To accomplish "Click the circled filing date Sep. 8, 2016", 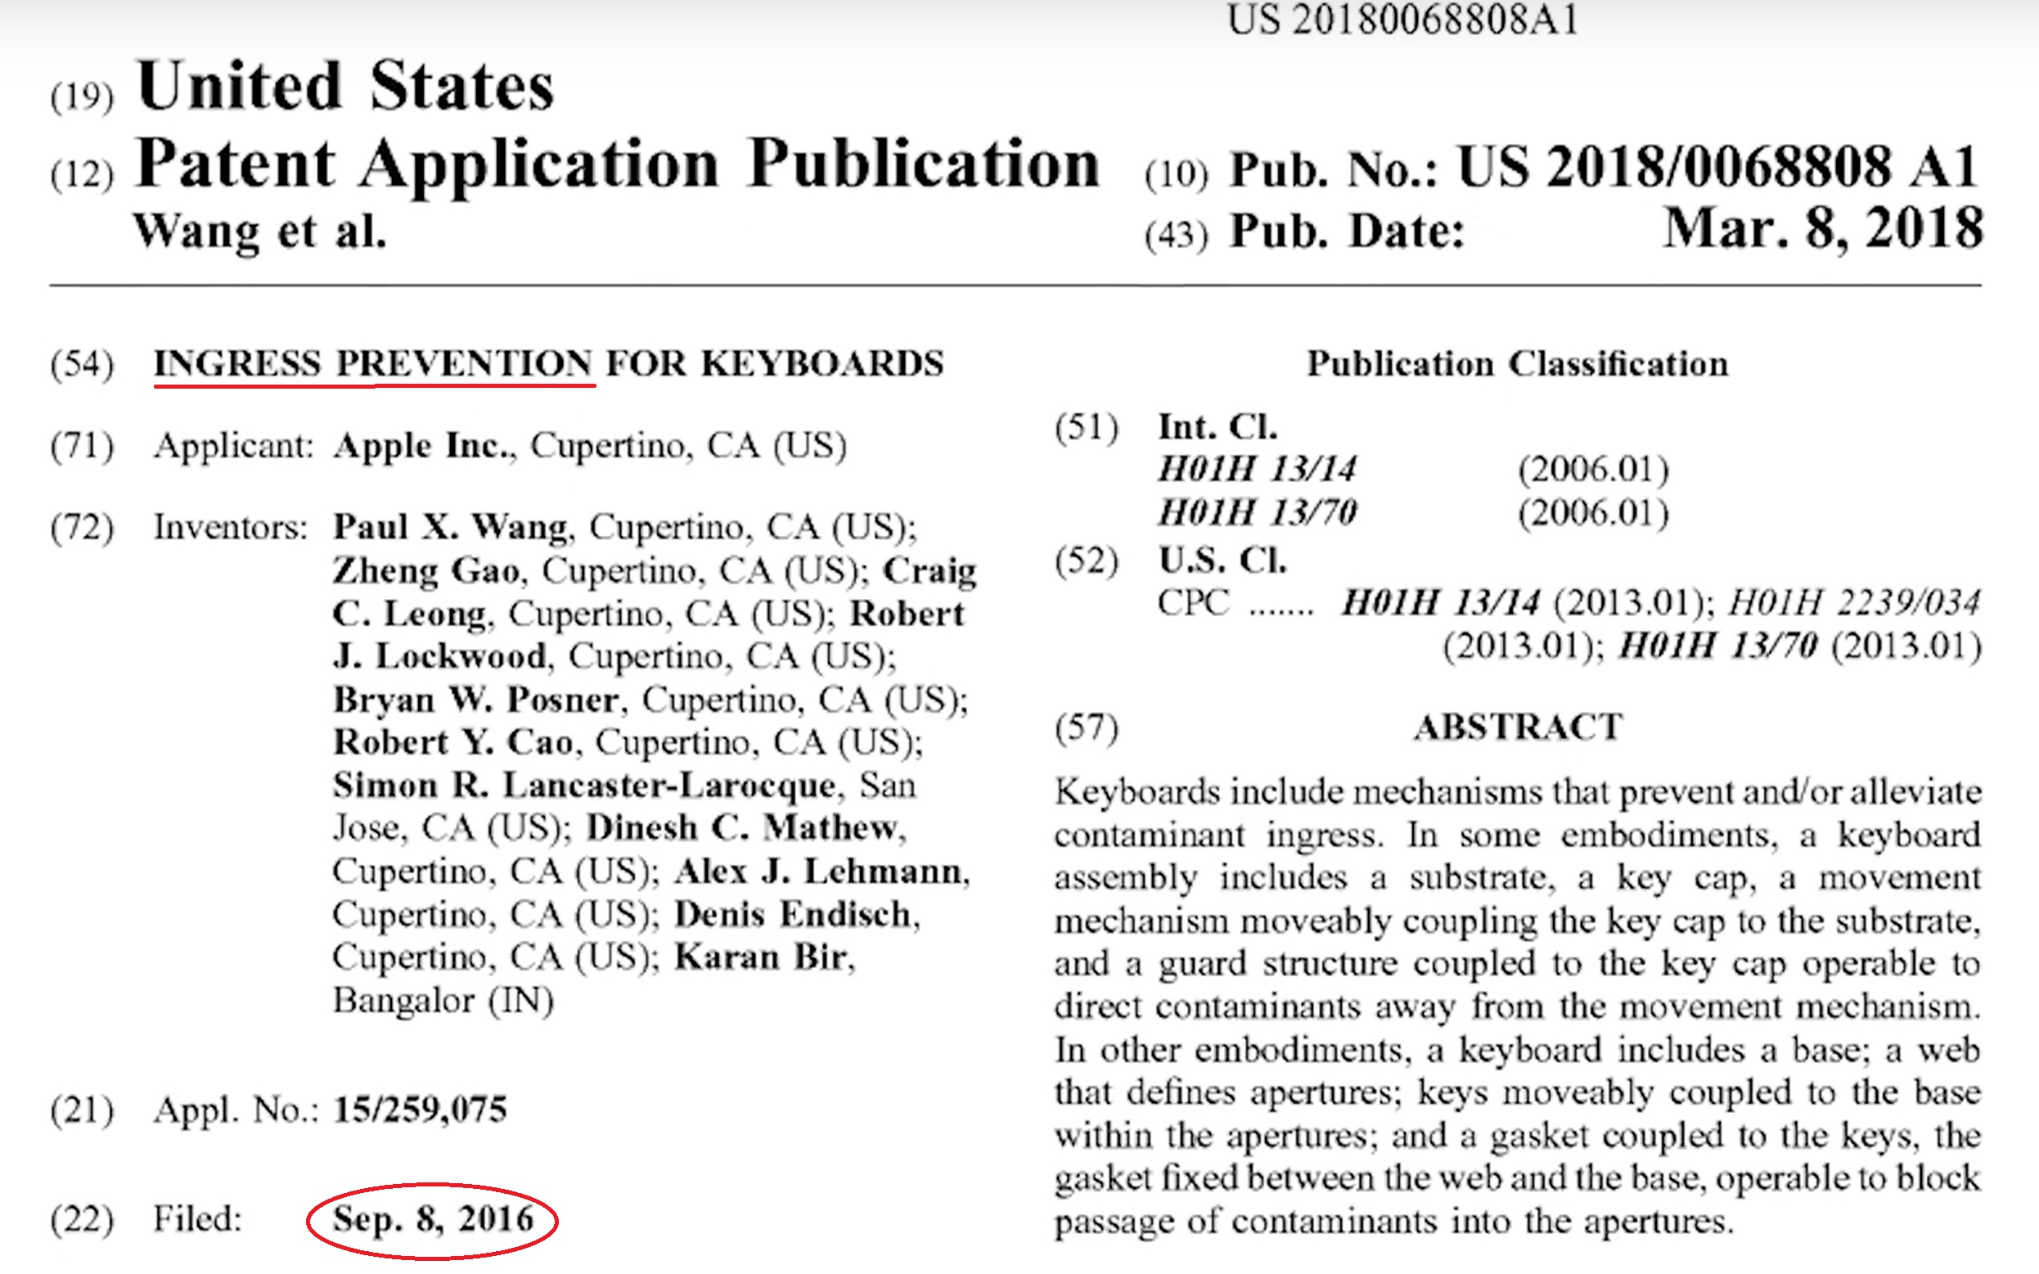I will tap(432, 1219).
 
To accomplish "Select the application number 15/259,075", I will tap(420, 1109).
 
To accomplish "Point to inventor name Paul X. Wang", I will tap(452, 527).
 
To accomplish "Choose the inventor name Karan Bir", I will tap(761, 957).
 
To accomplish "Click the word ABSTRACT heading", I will tap(1519, 727).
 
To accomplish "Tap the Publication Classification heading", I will tap(1517, 364).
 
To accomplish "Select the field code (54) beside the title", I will tap(82, 364).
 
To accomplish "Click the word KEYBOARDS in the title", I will tap(822, 364).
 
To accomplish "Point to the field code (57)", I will tap(1086, 727).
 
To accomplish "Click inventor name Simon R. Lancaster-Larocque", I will tap(584, 786).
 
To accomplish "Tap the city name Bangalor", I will tap(403, 1001).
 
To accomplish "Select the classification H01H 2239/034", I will tap(1853, 602).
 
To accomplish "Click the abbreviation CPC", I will tap(1192, 602).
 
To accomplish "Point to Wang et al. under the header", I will tap(259, 231).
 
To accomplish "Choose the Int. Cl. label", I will tap(1218, 426).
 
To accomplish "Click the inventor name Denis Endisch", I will tap(792, 914).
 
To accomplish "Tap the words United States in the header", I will tap(345, 87).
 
